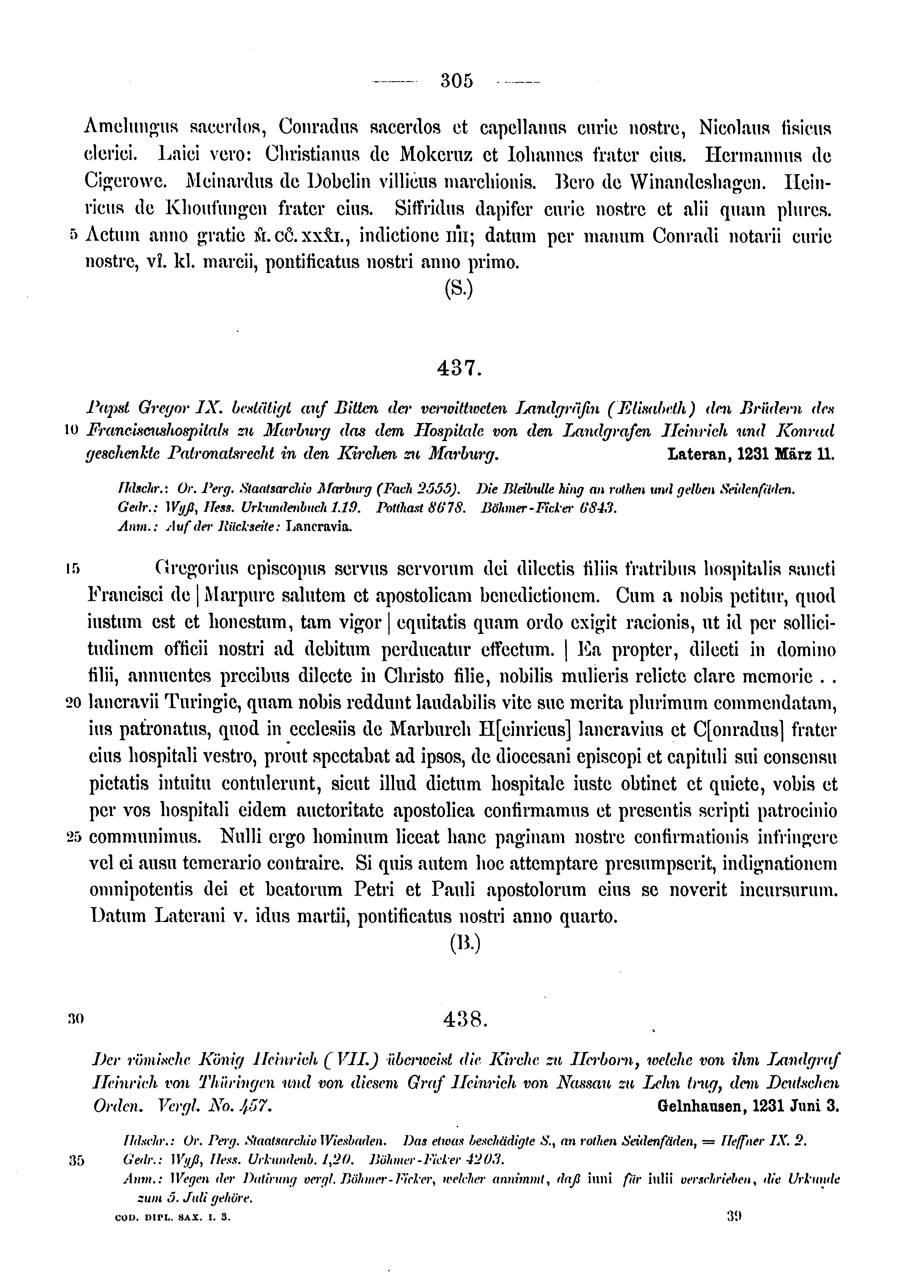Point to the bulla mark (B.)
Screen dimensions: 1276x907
point(465,944)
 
